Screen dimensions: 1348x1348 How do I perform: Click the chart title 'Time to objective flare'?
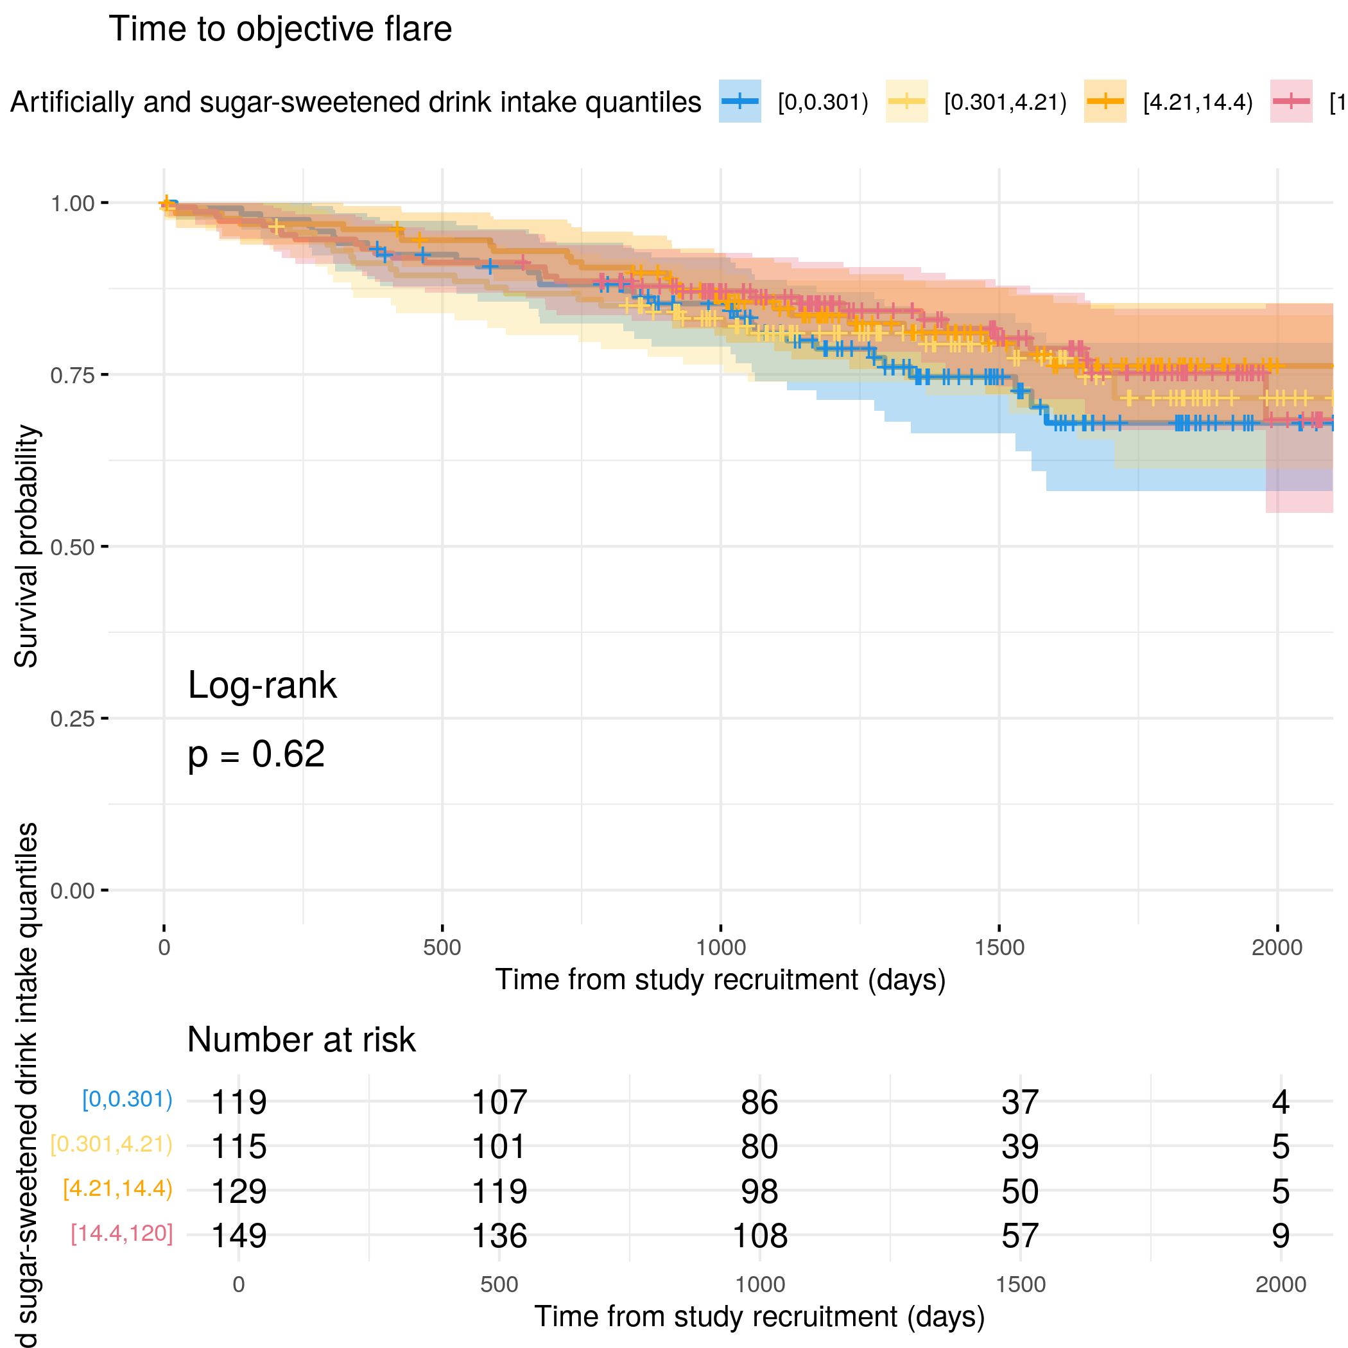click(280, 30)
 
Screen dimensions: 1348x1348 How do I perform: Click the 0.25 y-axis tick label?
click(72, 719)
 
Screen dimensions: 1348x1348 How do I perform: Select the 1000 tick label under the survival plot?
click(721, 947)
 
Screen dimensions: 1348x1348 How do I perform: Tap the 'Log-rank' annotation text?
click(262, 685)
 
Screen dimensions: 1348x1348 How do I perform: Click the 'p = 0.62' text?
click(256, 754)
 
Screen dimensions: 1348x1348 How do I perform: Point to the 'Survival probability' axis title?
click(26, 546)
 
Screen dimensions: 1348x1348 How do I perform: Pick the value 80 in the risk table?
click(759, 1146)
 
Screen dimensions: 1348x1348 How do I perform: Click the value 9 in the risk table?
click(1281, 1236)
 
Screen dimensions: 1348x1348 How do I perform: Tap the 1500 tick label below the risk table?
click(1020, 1284)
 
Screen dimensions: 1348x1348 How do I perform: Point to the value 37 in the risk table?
click(1020, 1102)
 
